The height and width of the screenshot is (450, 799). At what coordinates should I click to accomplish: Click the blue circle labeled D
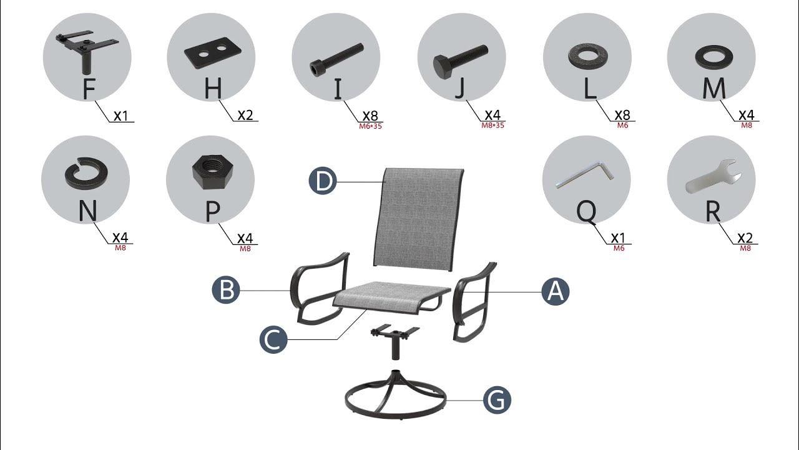[x=323, y=181]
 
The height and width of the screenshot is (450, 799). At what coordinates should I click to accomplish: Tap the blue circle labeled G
[x=497, y=400]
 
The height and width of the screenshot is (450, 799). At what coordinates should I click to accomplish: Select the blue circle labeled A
[x=556, y=291]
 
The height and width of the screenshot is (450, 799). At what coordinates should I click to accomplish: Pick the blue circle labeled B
[x=226, y=290]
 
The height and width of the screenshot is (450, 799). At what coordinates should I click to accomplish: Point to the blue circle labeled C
[x=273, y=339]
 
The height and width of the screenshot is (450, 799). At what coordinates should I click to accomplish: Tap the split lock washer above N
[x=86, y=174]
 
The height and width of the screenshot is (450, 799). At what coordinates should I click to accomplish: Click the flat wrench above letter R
[x=713, y=176]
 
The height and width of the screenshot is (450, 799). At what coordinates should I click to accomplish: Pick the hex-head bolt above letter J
[x=460, y=62]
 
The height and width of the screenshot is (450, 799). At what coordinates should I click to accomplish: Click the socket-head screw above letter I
[x=336, y=59]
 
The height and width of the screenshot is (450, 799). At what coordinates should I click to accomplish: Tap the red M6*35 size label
[x=371, y=126]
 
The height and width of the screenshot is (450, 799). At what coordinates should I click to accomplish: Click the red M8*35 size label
[x=493, y=126]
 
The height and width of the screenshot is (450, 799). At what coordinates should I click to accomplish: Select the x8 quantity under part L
[x=622, y=115]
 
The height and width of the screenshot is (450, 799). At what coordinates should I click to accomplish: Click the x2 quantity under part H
[x=245, y=115]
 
